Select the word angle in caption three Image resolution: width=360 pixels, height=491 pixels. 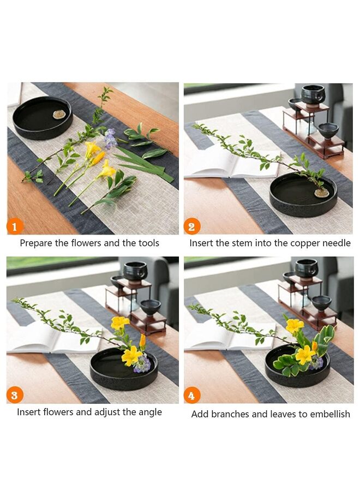[x=149, y=412]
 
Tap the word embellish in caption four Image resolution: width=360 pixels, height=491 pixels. [x=330, y=414]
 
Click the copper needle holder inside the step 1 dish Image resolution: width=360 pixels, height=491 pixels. [x=58, y=115]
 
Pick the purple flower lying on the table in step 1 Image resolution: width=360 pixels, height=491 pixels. [x=110, y=138]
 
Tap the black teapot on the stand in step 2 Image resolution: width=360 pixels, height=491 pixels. [x=313, y=94]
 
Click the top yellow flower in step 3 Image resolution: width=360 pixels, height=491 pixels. [x=119, y=322]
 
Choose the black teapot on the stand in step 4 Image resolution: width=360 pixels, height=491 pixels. [x=306, y=268]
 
